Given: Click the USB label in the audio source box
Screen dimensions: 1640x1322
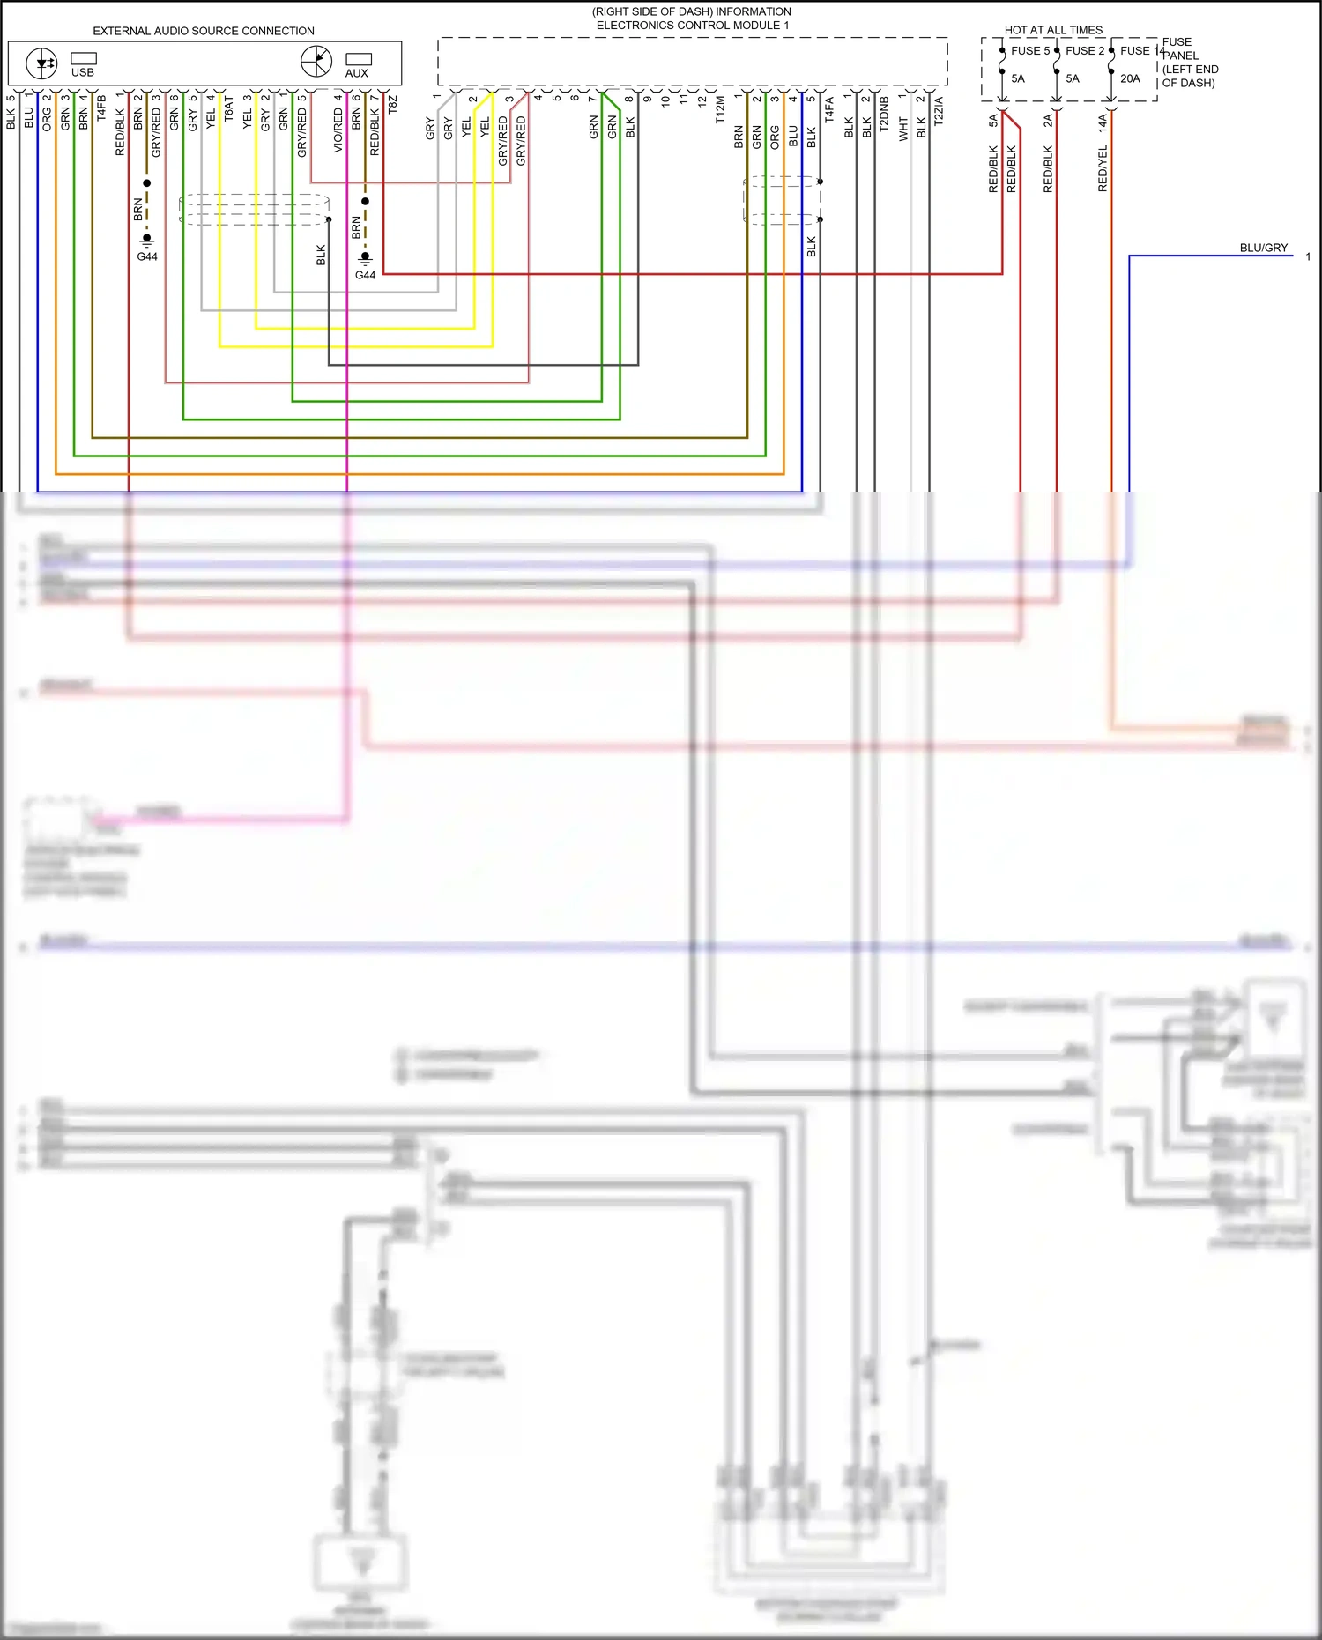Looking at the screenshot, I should [x=82, y=72].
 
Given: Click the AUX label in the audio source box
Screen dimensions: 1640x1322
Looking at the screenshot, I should [x=357, y=73].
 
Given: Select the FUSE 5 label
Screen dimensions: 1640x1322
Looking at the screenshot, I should [x=1029, y=51].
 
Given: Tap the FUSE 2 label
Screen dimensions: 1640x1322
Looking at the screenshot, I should [x=1084, y=51].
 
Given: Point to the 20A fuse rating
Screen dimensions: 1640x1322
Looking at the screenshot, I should [x=1130, y=78].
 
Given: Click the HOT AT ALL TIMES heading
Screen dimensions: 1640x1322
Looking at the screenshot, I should [x=1053, y=30].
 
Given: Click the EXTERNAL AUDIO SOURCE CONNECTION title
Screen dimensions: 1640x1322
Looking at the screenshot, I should [x=204, y=31].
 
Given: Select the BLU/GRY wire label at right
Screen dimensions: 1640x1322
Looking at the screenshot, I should [x=1263, y=248].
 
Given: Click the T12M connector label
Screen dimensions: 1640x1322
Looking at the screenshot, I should [x=720, y=110].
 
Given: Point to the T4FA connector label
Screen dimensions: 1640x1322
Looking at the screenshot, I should [x=829, y=110].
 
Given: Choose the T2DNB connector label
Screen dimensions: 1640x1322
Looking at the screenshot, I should [x=884, y=114].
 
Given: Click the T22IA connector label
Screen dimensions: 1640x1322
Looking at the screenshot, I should [x=939, y=111].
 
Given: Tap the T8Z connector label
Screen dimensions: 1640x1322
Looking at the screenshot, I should [x=393, y=104].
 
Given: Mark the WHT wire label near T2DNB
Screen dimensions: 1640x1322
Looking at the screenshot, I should [x=903, y=129].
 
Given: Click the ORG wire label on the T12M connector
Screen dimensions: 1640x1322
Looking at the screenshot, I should [x=775, y=137].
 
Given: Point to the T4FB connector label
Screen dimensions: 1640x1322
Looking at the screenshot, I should [x=101, y=108].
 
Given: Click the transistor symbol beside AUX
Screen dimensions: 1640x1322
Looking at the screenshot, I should [x=316, y=62].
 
